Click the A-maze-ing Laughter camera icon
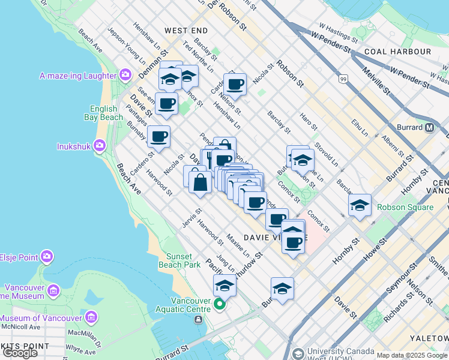[125, 75]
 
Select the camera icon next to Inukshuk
[100, 145]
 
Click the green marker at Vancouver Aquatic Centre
[219, 305]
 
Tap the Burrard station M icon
[430, 127]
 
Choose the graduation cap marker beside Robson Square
[360, 205]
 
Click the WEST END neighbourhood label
[186, 30]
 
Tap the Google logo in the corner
[20, 353]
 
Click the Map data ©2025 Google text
[412, 355]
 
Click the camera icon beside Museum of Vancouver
[91, 316]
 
